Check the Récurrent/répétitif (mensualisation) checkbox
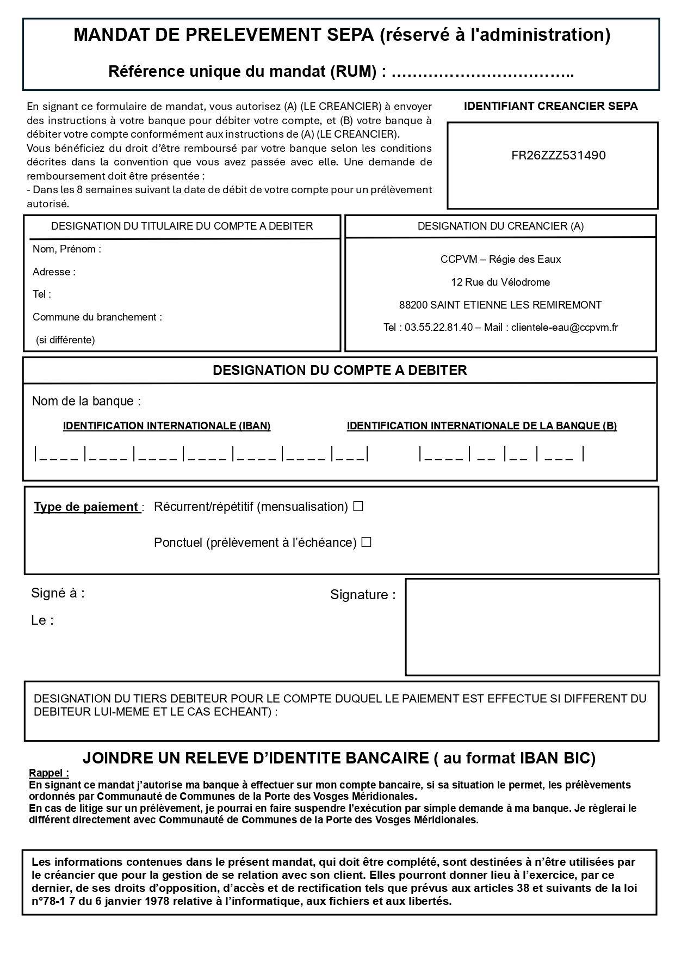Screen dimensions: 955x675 [358, 507]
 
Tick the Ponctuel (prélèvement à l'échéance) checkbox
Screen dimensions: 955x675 [367, 543]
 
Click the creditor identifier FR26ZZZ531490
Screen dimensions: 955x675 [558, 156]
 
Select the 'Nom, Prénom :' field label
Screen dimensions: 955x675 [67, 249]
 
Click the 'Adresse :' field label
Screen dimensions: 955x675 [54, 272]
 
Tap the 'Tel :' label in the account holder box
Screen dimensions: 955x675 [42, 294]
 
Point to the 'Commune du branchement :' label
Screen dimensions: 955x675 [97, 317]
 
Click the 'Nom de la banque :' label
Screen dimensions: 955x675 [86, 402]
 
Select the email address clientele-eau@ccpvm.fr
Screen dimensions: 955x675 [564, 328]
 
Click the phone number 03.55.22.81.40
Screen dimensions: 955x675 [438, 328]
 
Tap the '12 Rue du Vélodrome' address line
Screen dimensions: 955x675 [500, 282]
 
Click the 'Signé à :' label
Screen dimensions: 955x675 [58, 593]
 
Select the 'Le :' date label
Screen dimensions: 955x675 [42, 620]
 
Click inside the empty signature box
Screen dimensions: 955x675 [532, 627]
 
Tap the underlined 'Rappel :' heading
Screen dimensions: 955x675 [49, 773]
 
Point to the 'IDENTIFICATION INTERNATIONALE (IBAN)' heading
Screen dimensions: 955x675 [166, 426]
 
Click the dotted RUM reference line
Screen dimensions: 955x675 [482, 72]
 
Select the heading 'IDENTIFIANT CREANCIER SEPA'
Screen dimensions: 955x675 [550, 107]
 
